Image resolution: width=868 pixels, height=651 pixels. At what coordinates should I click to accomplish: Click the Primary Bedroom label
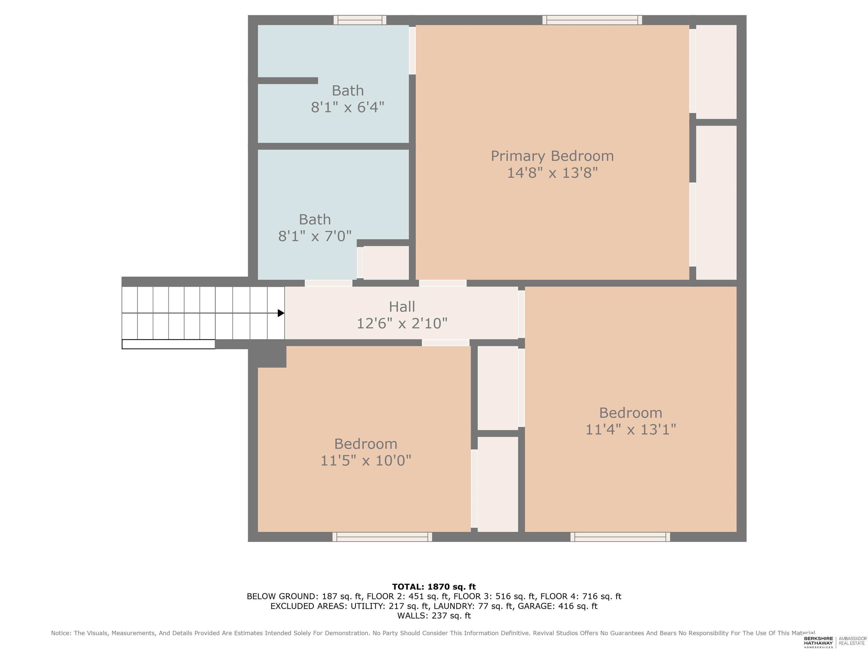(x=552, y=156)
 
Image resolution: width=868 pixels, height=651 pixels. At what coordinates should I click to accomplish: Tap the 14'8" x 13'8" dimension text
(x=552, y=173)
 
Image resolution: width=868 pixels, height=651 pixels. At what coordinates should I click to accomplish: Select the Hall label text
(x=402, y=307)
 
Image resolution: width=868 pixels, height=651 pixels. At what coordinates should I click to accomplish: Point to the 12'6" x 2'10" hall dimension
(x=402, y=323)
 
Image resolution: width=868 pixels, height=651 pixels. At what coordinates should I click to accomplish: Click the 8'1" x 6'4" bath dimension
(x=348, y=107)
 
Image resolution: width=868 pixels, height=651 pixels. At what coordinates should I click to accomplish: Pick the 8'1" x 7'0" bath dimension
(x=315, y=236)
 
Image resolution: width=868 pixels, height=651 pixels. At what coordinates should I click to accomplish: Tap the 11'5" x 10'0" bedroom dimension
(x=366, y=460)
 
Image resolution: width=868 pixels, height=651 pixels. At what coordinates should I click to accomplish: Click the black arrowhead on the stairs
(x=281, y=313)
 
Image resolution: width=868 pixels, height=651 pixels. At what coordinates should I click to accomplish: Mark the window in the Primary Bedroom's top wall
(x=592, y=20)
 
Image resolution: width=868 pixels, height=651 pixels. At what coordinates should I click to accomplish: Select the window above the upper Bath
(x=360, y=20)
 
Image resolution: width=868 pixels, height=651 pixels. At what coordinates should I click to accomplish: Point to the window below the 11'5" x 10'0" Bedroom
(x=382, y=537)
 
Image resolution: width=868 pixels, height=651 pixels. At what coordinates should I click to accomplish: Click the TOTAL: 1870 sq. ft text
(x=434, y=587)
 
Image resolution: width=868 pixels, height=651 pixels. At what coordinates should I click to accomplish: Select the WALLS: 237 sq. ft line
(x=434, y=616)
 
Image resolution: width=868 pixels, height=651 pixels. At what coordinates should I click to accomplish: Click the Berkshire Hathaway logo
(x=818, y=642)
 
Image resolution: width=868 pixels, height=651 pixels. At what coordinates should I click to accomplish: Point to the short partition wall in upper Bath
(x=288, y=81)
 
